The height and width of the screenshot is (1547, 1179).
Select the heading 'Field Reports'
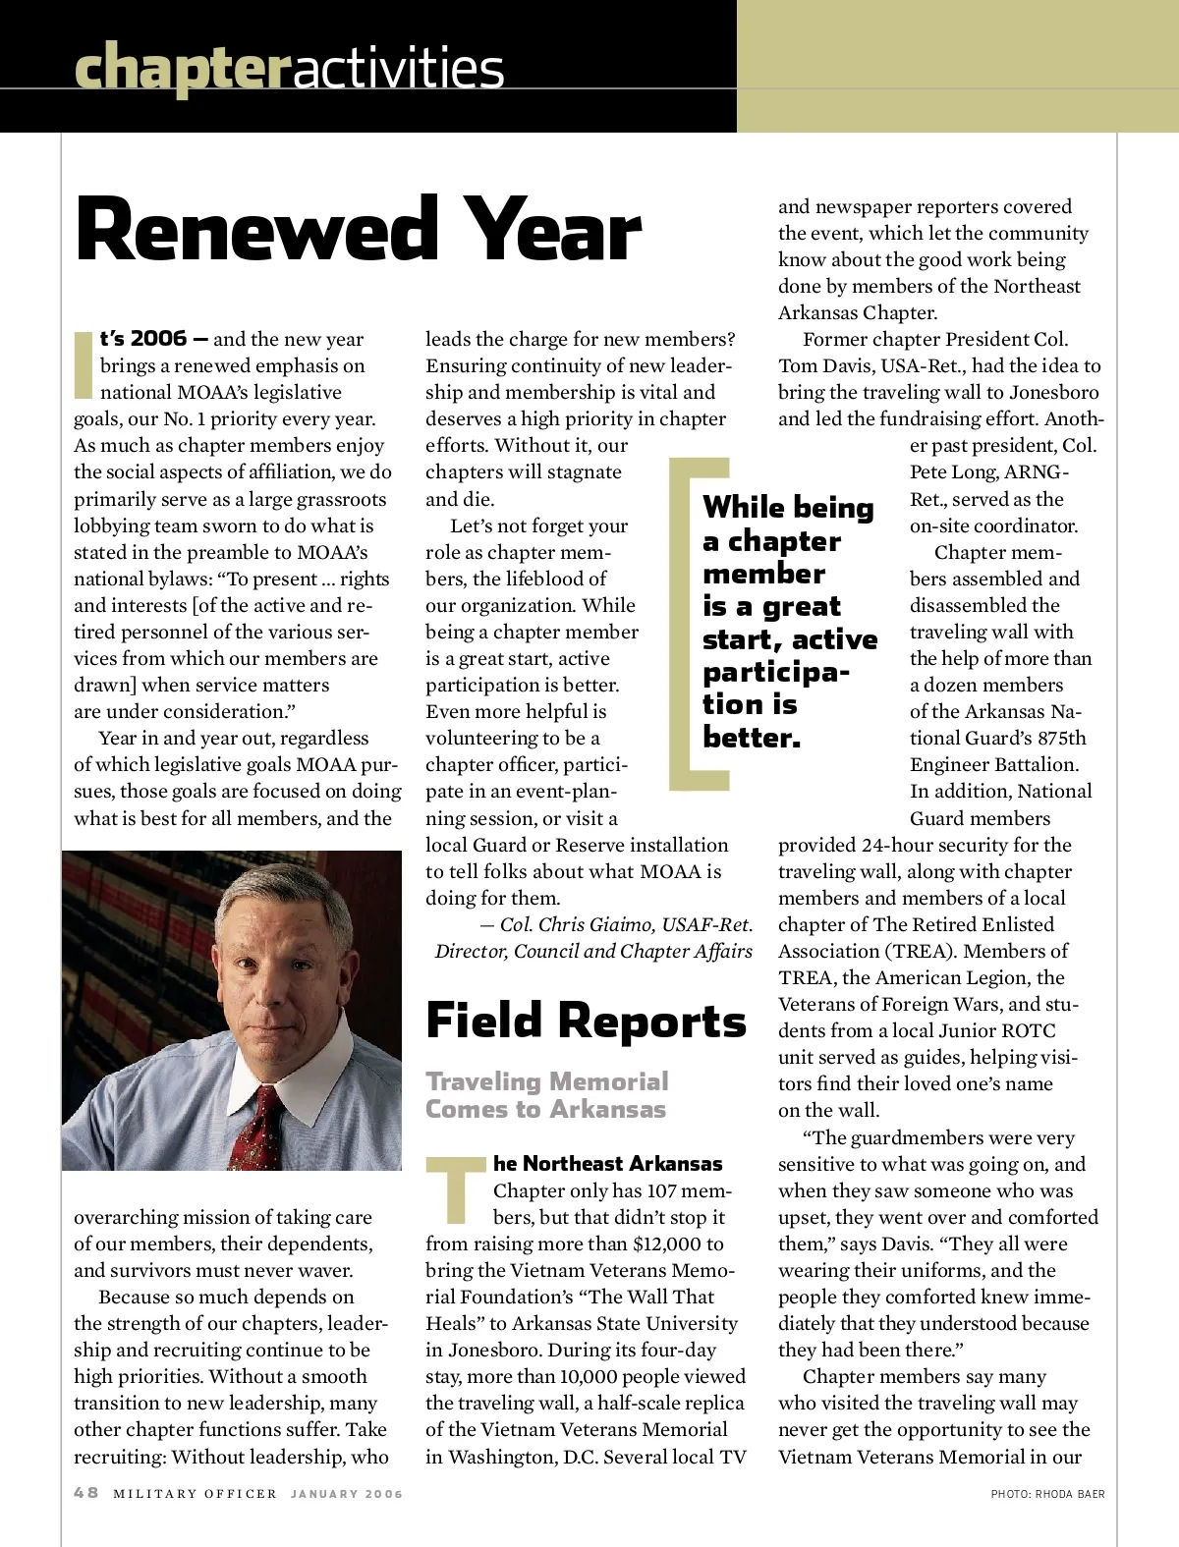tap(586, 1021)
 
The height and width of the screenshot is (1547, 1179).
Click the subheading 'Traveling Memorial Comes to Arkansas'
tap(546, 1095)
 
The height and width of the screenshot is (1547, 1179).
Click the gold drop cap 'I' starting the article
tap(84, 364)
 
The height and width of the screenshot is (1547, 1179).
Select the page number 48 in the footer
tap(86, 1493)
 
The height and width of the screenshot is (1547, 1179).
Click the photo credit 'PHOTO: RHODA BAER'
tap(1047, 1494)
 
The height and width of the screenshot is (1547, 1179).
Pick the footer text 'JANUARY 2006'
tap(347, 1494)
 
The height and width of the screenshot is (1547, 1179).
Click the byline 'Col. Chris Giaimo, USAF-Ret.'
tap(626, 924)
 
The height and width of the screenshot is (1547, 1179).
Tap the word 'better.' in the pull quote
tap(752, 738)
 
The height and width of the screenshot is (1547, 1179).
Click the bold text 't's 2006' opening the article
tap(143, 339)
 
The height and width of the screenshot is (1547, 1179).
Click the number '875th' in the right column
tap(1062, 738)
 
